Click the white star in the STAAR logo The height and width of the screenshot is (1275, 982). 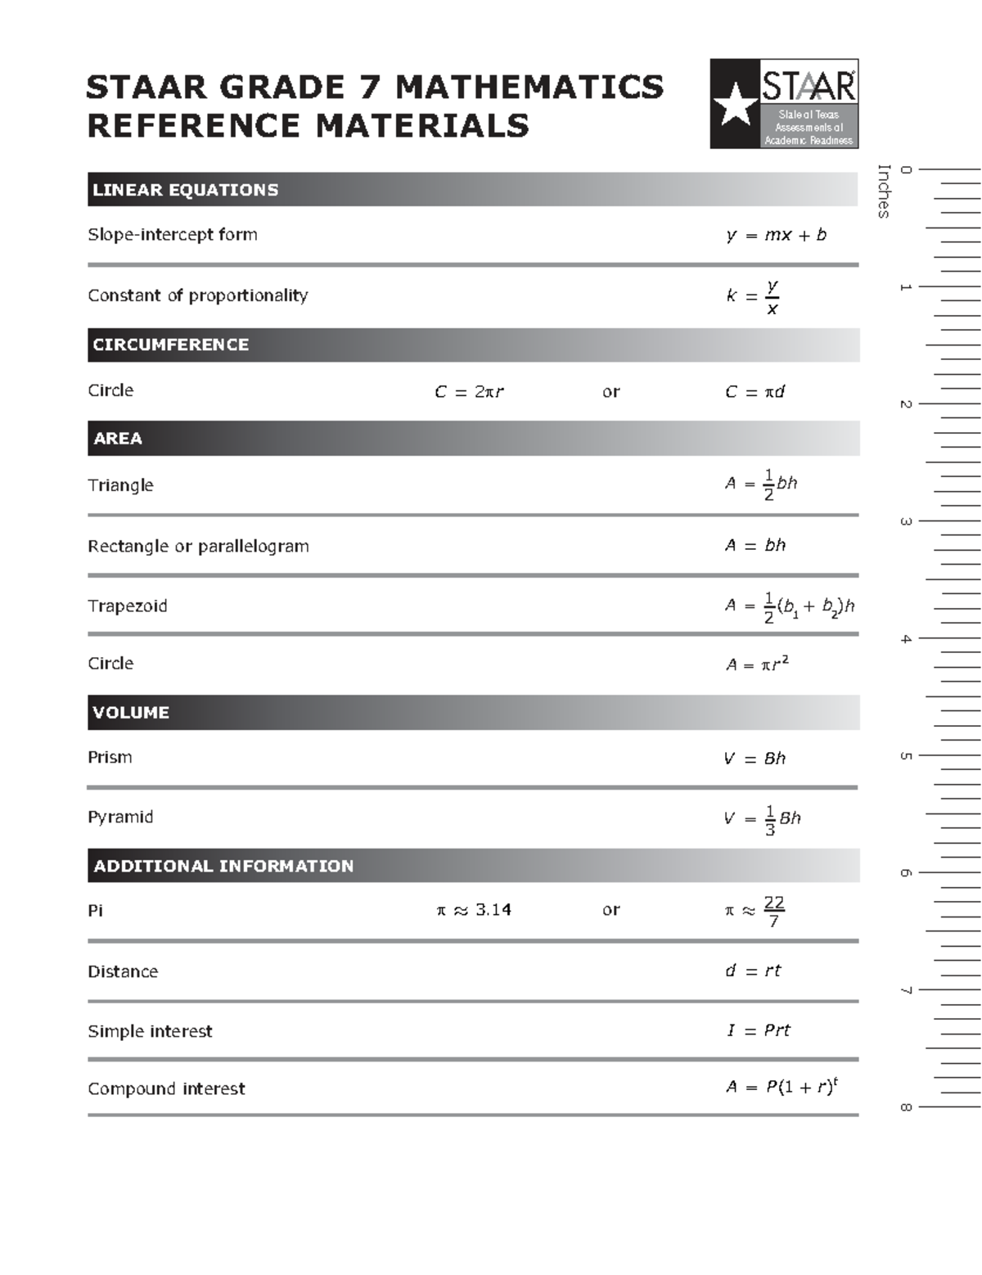(x=735, y=105)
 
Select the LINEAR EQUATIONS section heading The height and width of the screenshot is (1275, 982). (x=186, y=190)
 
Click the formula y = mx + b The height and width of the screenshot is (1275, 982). (x=776, y=236)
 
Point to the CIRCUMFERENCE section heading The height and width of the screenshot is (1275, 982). (x=171, y=345)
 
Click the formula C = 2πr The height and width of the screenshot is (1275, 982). (x=469, y=392)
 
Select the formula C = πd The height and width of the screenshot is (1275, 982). (x=755, y=392)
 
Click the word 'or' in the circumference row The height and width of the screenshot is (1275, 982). (x=610, y=392)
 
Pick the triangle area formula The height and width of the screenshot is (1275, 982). (x=761, y=484)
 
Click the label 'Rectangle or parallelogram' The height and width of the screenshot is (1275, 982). (x=198, y=546)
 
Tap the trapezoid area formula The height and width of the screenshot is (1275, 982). (x=789, y=606)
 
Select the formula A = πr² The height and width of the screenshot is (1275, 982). (x=757, y=664)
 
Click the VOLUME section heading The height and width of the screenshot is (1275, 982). (x=131, y=712)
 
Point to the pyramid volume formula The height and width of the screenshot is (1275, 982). (x=762, y=818)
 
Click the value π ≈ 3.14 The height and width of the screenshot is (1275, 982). (x=474, y=910)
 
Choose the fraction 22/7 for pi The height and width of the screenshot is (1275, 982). (x=773, y=911)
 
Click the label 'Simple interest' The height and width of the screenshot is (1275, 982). (x=150, y=1031)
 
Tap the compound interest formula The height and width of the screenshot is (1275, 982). (x=782, y=1088)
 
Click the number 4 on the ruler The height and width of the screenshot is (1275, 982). (x=906, y=639)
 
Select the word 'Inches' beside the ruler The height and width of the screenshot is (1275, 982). (x=884, y=191)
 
